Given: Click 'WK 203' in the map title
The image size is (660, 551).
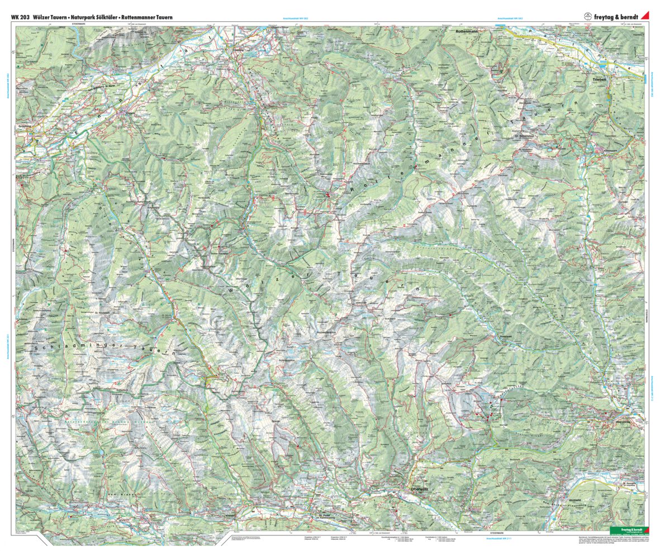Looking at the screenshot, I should coord(20,17).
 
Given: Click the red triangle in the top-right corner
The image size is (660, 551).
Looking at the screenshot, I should coord(644,16).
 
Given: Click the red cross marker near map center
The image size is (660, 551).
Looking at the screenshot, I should coord(327,196).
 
